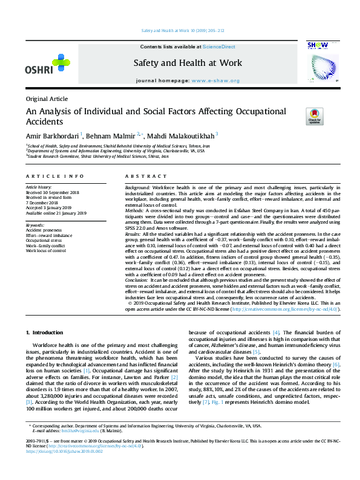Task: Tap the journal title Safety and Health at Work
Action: pyautogui.click(x=188, y=63)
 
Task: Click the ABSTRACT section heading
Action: pyautogui.click(x=142, y=176)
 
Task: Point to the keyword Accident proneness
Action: pyautogui.click(x=43, y=230)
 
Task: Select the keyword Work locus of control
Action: pyautogui.click(x=45, y=250)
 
